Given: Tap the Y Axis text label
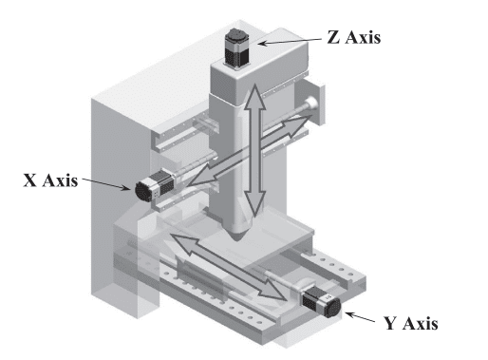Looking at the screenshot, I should tap(409, 323).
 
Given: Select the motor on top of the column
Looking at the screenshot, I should tap(235, 47).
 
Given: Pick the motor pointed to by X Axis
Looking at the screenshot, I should tap(151, 188).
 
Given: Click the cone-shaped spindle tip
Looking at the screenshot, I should tap(240, 229).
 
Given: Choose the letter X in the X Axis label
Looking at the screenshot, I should tap(29, 180).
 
